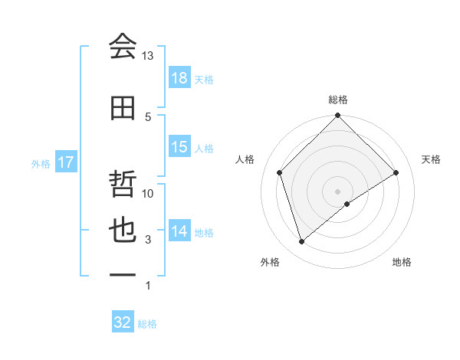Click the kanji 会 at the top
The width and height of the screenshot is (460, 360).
pyautogui.click(x=123, y=47)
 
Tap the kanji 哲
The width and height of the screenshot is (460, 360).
pyautogui.click(x=123, y=186)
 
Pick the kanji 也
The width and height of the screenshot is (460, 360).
pyautogui.click(x=123, y=231)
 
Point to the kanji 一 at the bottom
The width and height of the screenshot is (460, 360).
pyautogui.click(x=123, y=273)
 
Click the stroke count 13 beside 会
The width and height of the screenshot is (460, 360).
pyautogui.click(x=148, y=56)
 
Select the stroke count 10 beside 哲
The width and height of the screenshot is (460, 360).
pyautogui.click(x=148, y=194)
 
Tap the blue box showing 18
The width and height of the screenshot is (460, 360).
pyautogui.click(x=179, y=78)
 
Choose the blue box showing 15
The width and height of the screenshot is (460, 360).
pyautogui.click(x=179, y=147)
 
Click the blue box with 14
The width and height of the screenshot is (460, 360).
pyautogui.click(x=179, y=231)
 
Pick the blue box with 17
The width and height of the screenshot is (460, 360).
pyautogui.click(x=65, y=163)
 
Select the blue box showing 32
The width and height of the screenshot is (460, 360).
pyautogui.click(x=123, y=322)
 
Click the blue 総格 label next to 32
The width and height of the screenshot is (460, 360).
pyautogui.click(x=148, y=324)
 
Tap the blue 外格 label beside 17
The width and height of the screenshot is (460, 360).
pyautogui.click(x=41, y=164)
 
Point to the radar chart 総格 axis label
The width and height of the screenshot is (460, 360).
pyautogui.click(x=338, y=100)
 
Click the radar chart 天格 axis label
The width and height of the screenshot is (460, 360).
pyautogui.click(x=432, y=159)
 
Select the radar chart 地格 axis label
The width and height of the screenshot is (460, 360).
pyautogui.click(x=402, y=262)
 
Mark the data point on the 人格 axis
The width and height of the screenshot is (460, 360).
pyautogui.click(x=280, y=172)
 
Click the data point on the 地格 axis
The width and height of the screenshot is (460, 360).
pyautogui.click(x=347, y=204)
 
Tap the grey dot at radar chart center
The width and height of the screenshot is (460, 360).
pyautogui.click(x=338, y=191)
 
